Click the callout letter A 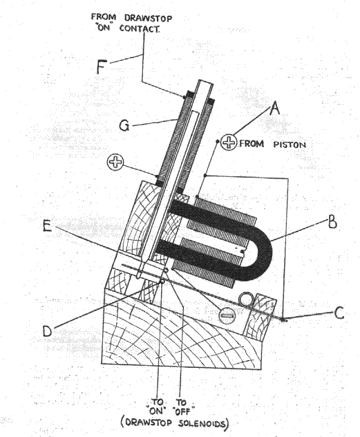click(275, 108)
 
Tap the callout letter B click(332, 223)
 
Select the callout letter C click(339, 313)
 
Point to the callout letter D click(47, 331)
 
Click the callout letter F click(102, 67)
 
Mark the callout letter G click(124, 125)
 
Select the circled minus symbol click(227, 315)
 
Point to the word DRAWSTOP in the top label click(148, 18)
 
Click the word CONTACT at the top click(140, 28)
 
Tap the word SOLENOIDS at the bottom click(202, 423)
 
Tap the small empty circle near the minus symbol click(246, 299)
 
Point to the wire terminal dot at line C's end click(283, 319)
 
